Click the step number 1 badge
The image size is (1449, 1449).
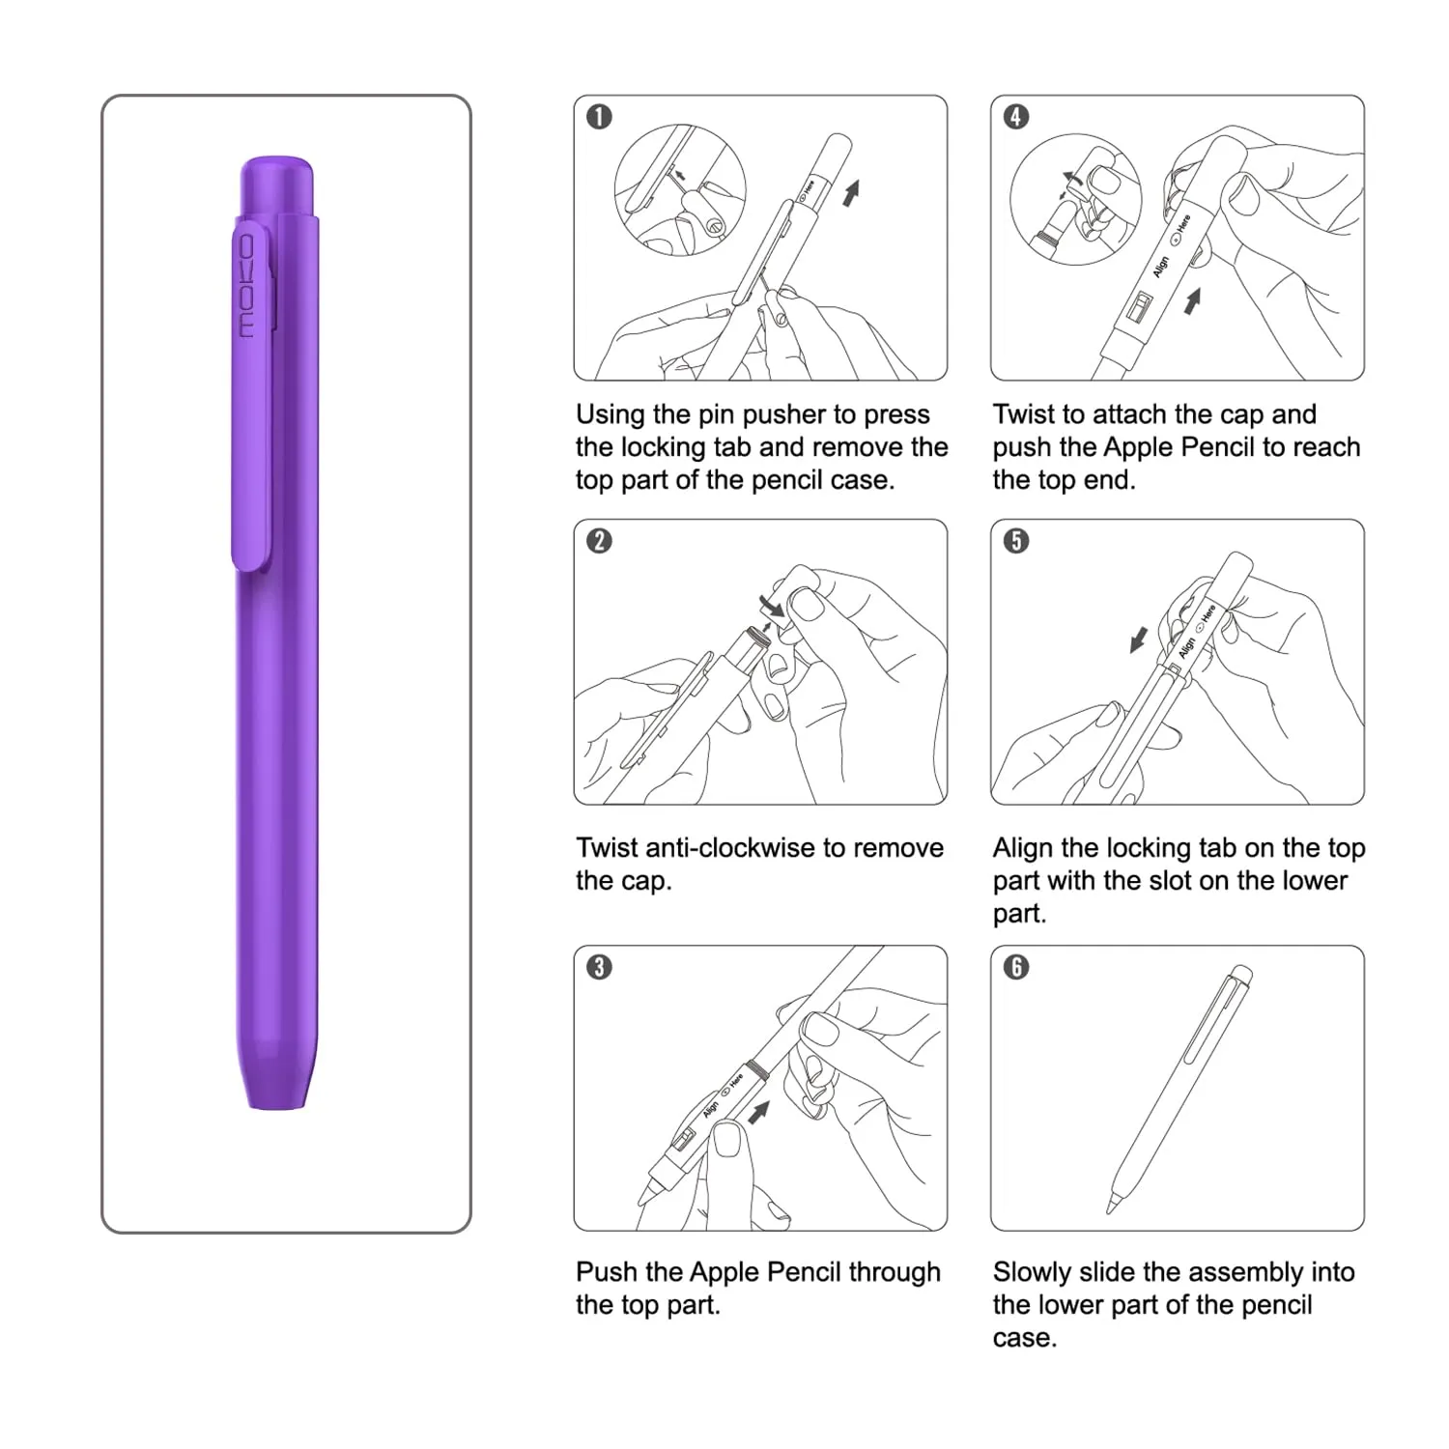tap(599, 117)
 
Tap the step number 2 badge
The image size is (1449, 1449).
tap(599, 540)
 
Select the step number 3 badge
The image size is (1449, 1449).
tap(599, 967)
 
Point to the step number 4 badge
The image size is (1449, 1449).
tap(1016, 117)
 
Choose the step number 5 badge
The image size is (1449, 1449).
tap(1016, 540)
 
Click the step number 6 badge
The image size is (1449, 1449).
tap(1016, 967)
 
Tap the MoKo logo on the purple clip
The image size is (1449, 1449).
tap(247, 286)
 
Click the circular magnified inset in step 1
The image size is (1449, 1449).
tap(680, 189)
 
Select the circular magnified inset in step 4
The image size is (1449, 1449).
tap(1075, 199)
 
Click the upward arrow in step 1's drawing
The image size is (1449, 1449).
tap(851, 192)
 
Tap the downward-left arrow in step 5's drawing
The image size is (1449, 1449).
tap(1139, 639)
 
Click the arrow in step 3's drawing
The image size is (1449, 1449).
tap(759, 1111)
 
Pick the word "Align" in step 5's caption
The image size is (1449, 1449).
tap(1023, 848)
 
